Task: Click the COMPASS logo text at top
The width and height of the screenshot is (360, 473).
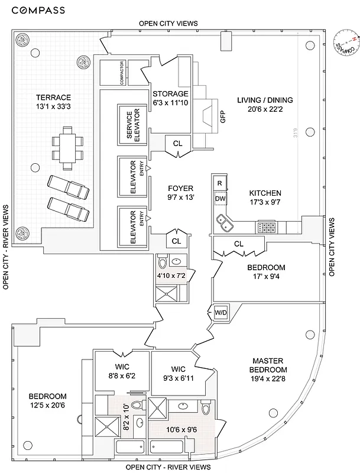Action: [x=40, y=10]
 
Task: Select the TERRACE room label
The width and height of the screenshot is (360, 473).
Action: [x=53, y=102]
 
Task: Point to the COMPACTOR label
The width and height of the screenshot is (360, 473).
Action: [x=122, y=72]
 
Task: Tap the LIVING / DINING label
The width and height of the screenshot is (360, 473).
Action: [x=264, y=105]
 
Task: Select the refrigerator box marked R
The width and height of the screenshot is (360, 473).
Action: [x=219, y=184]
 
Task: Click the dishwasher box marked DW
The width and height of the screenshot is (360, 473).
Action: [x=220, y=199]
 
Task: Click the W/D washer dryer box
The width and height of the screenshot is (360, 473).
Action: [x=220, y=312]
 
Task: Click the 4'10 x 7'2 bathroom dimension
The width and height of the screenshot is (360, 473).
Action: [x=170, y=276]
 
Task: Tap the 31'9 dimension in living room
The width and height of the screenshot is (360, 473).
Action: [x=295, y=134]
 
